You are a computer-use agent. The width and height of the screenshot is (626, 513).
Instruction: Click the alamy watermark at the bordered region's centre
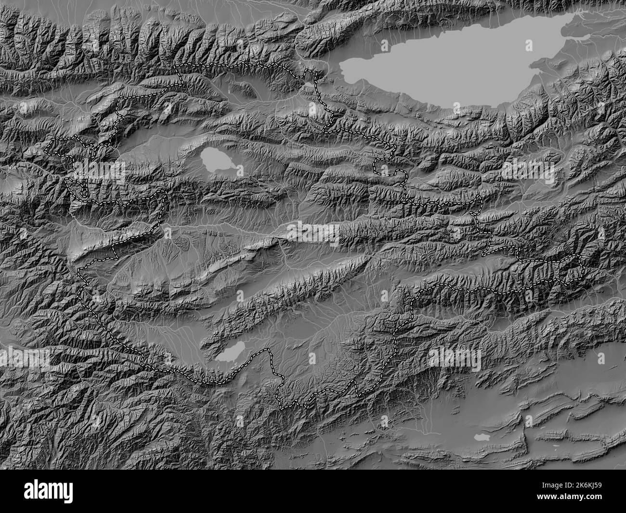click(313, 232)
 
